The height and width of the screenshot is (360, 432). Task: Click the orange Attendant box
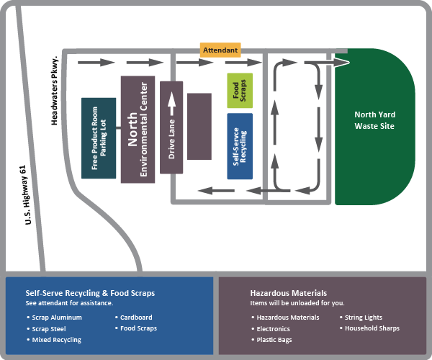tap(220, 50)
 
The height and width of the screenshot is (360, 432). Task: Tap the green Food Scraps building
tap(239, 91)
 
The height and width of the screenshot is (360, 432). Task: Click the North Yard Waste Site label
tap(374, 120)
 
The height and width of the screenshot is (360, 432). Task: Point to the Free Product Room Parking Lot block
tap(99, 138)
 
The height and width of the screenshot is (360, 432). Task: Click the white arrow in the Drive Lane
tap(171, 106)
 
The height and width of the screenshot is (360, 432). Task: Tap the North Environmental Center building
tap(138, 129)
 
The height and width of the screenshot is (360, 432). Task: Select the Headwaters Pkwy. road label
tap(55, 90)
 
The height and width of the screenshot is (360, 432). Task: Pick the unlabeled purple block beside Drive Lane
tap(199, 126)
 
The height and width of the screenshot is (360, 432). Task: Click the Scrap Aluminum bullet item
tap(57, 318)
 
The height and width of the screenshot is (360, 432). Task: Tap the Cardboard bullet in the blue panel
tap(136, 318)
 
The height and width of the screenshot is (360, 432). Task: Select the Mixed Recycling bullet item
tap(56, 340)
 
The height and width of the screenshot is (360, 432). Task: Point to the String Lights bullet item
tap(364, 318)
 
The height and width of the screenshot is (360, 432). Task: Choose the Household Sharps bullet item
tap(372, 329)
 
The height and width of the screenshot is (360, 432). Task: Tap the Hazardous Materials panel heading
tap(288, 293)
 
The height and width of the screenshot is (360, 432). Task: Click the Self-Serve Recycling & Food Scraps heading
tap(90, 293)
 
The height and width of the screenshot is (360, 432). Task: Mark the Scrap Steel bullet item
tap(50, 329)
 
